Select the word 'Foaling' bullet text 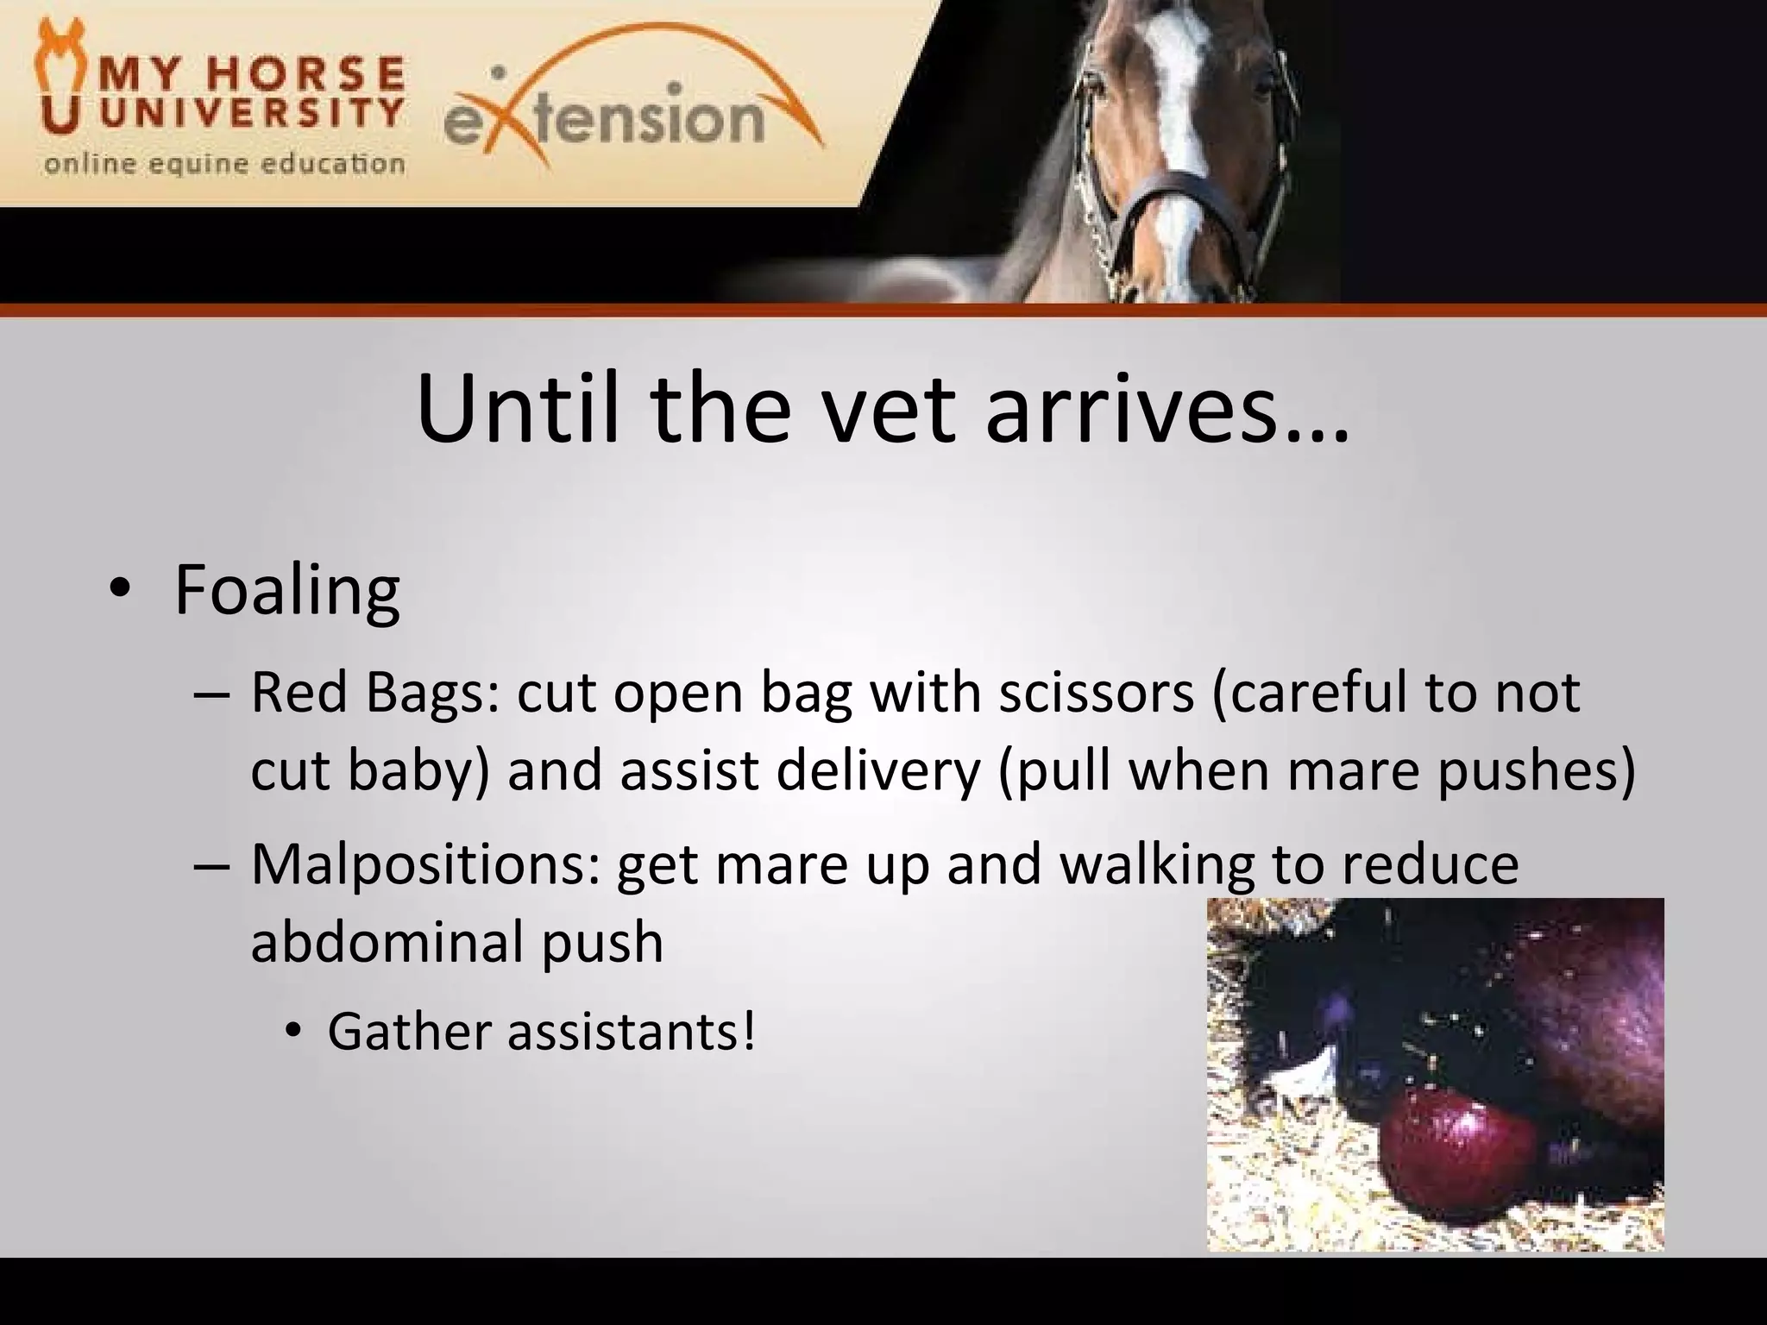click(x=286, y=590)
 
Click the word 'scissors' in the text click(x=1096, y=694)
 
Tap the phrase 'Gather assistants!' click(x=541, y=1031)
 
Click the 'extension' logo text click(x=604, y=121)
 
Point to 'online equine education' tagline click(x=224, y=164)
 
